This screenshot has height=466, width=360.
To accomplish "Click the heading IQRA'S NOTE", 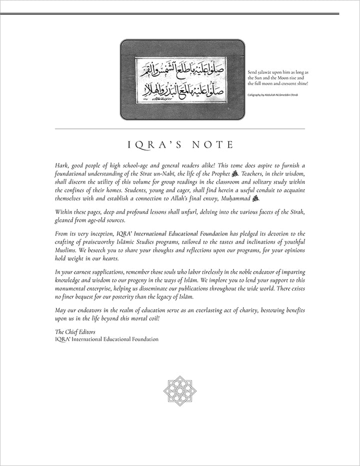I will click(x=180, y=144).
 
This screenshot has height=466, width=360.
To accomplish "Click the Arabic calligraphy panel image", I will click(x=182, y=79).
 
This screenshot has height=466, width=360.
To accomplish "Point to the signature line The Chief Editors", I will click(x=73, y=331).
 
